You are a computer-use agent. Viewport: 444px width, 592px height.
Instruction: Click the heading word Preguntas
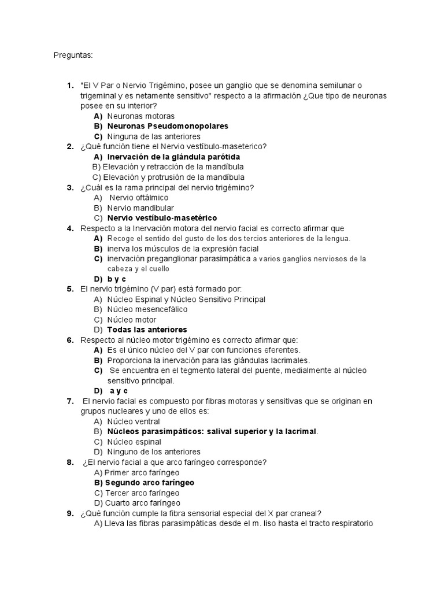[73, 55]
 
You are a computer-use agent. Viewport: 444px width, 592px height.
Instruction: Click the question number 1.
[69, 86]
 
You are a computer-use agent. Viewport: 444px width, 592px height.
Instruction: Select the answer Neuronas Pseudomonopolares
[168, 126]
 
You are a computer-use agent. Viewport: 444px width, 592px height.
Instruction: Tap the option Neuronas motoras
[140, 116]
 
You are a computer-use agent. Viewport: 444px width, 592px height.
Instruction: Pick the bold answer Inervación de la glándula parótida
[173, 157]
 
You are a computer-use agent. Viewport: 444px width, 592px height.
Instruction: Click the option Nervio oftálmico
[139, 198]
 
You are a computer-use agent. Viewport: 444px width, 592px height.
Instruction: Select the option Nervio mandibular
[140, 208]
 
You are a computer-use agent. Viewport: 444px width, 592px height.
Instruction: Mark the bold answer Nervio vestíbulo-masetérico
[162, 218]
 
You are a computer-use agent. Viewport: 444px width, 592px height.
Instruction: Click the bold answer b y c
[116, 279]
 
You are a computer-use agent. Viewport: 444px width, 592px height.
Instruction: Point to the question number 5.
[69, 289]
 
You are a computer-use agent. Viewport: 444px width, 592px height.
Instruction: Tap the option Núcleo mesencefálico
[147, 309]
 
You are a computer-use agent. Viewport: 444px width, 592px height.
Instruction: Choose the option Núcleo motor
[131, 320]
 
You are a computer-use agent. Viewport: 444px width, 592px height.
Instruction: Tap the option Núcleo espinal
[134, 442]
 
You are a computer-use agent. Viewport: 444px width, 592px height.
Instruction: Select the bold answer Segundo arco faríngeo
[149, 482]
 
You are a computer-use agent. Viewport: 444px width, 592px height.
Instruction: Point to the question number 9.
[69, 513]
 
